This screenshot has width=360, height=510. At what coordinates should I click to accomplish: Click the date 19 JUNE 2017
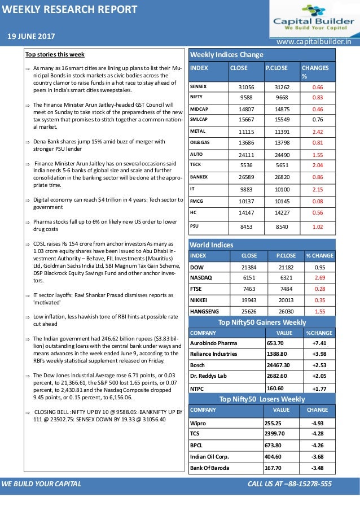[x=31, y=37]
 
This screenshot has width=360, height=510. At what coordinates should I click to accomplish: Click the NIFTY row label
[x=197, y=97]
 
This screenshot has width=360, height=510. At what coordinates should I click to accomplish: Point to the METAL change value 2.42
[x=317, y=132]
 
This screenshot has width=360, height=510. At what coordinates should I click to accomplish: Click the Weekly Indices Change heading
[x=227, y=55]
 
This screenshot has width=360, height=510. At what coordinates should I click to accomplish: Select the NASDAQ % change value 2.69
[x=319, y=277]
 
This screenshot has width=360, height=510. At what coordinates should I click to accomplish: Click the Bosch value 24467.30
[x=278, y=366]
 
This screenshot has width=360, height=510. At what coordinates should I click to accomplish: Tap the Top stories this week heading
[x=55, y=54]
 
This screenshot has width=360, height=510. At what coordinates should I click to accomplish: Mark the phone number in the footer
[x=289, y=484]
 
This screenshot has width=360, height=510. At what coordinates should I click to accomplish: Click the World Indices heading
[x=212, y=245]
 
